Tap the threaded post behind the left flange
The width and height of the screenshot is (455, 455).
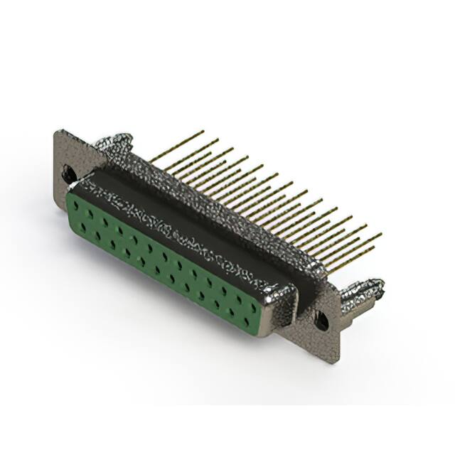point(114,142)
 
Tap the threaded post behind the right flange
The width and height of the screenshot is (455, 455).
point(363,292)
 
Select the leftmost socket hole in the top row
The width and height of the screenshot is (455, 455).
point(75,204)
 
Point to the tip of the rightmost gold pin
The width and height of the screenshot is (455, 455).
point(381,234)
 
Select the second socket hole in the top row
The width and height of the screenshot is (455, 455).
point(90,213)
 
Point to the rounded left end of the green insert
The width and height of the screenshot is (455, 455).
point(70,213)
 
